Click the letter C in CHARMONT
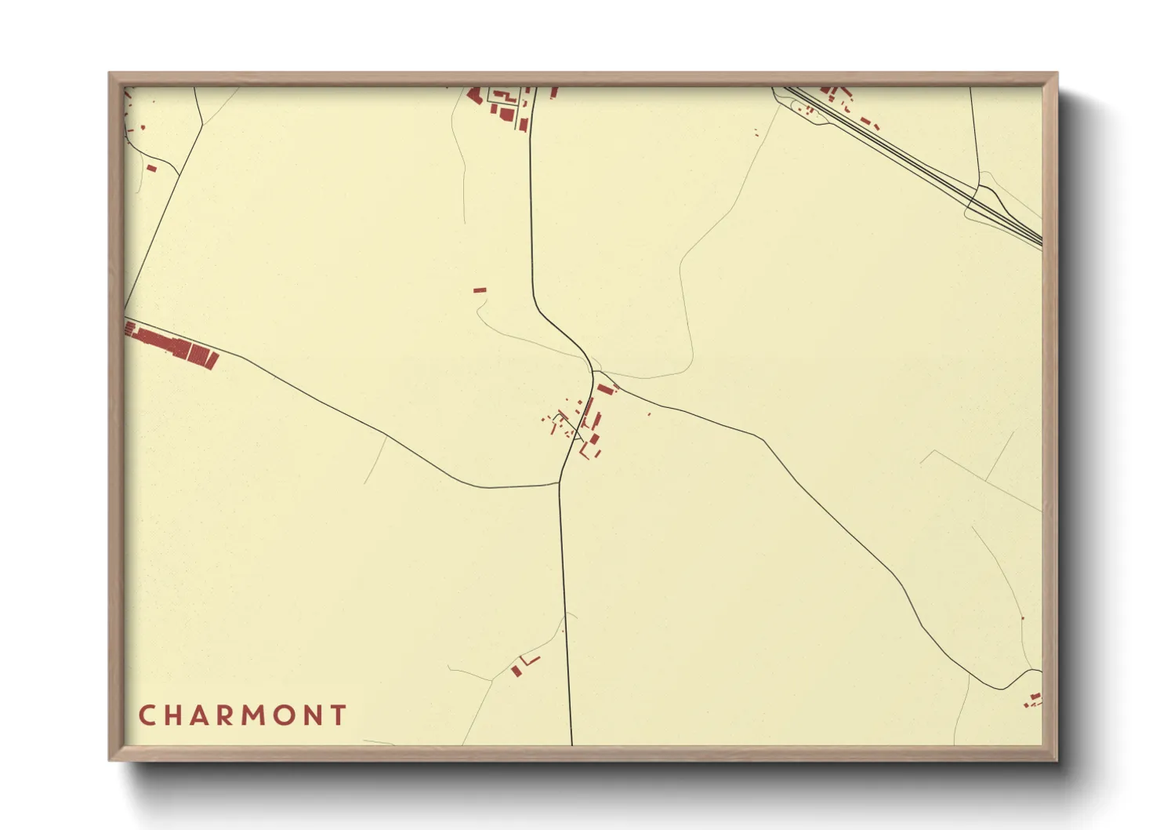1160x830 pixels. [147, 715]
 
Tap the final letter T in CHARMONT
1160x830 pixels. [339, 715]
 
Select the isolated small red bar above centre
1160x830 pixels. [480, 290]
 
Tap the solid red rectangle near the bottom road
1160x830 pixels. [516, 671]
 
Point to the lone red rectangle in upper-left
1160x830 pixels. [151, 168]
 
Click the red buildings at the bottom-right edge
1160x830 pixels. [1034, 700]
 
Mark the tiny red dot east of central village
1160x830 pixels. [649, 414]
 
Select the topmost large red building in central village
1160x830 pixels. [604, 389]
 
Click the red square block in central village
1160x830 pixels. [594, 439]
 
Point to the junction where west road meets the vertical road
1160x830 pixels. [559, 484]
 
